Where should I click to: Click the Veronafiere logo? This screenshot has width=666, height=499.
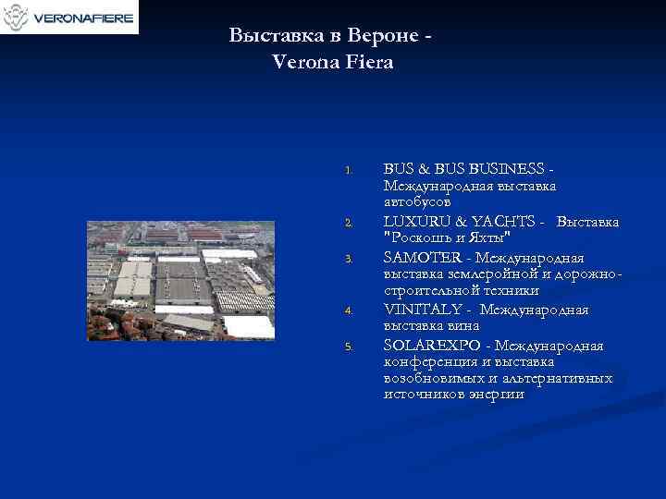click(69, 17)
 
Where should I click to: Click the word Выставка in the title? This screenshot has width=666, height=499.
click(269, 35)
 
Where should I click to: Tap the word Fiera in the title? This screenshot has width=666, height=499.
click(370, 63)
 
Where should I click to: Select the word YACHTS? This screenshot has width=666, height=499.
click(491, 222)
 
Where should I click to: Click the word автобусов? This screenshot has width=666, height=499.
click(417, 201)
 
